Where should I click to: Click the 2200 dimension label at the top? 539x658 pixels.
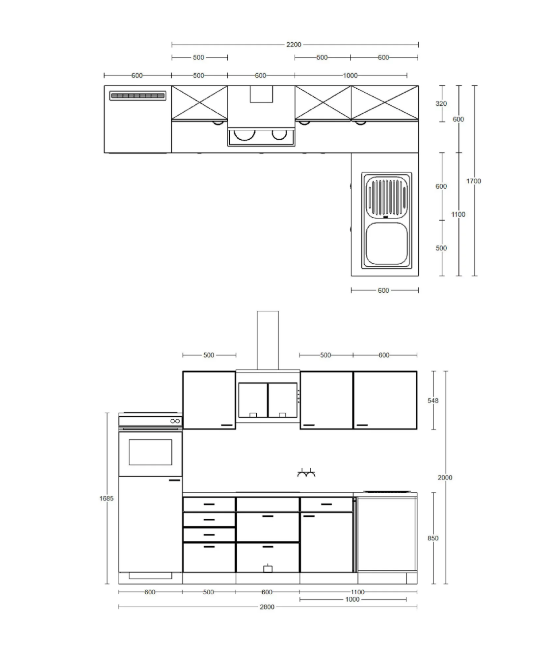coord(294,45)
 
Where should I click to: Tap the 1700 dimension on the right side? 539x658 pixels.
coord(473,181)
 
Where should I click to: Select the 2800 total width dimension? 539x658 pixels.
coord(267,607)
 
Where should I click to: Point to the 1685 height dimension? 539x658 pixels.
coord(107,498)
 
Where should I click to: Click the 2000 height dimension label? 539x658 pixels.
coord(445,478)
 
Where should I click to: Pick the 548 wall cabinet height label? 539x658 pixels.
coord(433,400)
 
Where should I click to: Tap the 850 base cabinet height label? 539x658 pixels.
coord(433,538)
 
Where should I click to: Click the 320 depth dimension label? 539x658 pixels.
coord(441,103)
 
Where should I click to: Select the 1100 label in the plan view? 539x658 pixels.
coord(458,214)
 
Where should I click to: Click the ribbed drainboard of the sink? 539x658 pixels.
coord(387,197)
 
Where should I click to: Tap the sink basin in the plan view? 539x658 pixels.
coord(387,244)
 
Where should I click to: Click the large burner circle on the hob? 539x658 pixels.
coord(244,135)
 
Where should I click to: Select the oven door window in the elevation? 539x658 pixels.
coord(150,452)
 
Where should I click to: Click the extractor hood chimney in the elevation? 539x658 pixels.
coord(268,340)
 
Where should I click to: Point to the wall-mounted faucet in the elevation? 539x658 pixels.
coord(306,473)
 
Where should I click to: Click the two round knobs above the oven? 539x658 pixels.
coord(175,421)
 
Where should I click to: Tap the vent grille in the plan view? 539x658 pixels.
coord(137,96)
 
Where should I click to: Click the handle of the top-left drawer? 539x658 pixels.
coord(209,504)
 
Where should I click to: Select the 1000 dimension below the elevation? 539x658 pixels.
coord(352,599)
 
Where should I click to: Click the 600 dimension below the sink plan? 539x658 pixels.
coord(383,290)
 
